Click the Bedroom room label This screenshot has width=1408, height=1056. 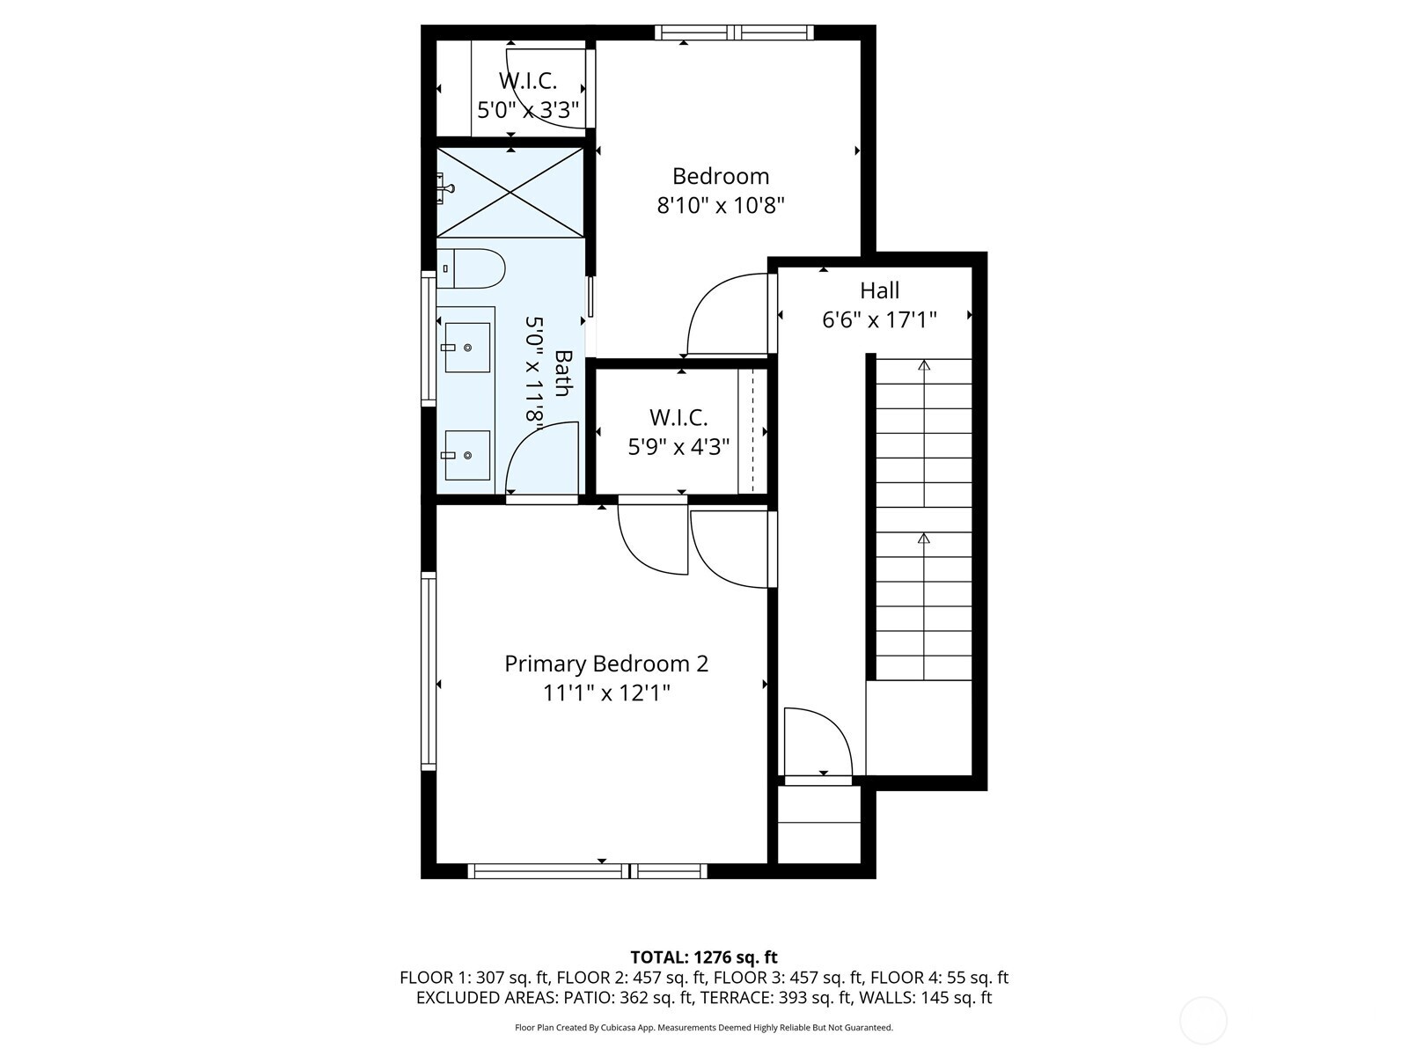point(721,176)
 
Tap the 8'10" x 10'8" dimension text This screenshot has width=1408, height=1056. point(721,206)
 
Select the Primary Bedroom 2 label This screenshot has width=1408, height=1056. point(606,664)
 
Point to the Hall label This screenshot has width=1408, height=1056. point(879,290)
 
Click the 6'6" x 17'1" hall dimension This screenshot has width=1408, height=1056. point(879,319)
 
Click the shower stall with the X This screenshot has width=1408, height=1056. point(510,193)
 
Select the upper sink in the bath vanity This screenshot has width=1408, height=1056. point(466,347)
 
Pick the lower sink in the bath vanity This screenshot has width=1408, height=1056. point(466,455)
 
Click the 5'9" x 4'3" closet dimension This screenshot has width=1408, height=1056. point(678,447)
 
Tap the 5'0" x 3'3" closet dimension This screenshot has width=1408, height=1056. point(528,110)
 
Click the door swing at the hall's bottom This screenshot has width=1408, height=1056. point(816,739)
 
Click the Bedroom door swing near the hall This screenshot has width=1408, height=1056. point(725,313)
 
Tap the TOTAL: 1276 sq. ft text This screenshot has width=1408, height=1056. point(704,957)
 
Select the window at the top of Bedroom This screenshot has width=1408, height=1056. point(734,33)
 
